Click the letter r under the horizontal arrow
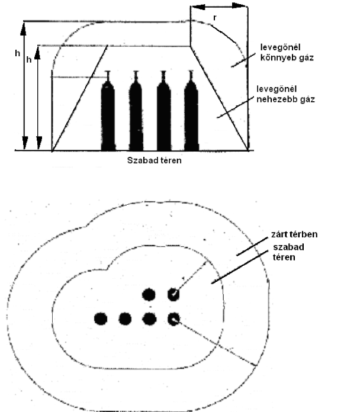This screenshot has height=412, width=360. point(215,18)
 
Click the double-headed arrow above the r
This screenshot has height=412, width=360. point(219,7)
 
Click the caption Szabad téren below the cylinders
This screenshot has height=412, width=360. point(155,160)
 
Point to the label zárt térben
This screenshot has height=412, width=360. point(294,234)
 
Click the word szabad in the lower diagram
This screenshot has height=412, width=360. point(288,247)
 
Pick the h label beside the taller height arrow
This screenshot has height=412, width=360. point(17,53)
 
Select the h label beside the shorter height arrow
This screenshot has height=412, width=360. point(29,60)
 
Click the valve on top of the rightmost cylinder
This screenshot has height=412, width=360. point(191,76)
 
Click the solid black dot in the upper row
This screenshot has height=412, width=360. point(149,295)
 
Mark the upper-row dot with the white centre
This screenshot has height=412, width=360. point(173,294)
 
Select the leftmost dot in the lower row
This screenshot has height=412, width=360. point(101,318)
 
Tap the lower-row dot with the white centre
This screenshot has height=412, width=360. point(173,319)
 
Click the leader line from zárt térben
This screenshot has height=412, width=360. point(252,247)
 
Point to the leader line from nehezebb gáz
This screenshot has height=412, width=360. point(236,107)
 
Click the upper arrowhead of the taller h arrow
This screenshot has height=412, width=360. point(24,29)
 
